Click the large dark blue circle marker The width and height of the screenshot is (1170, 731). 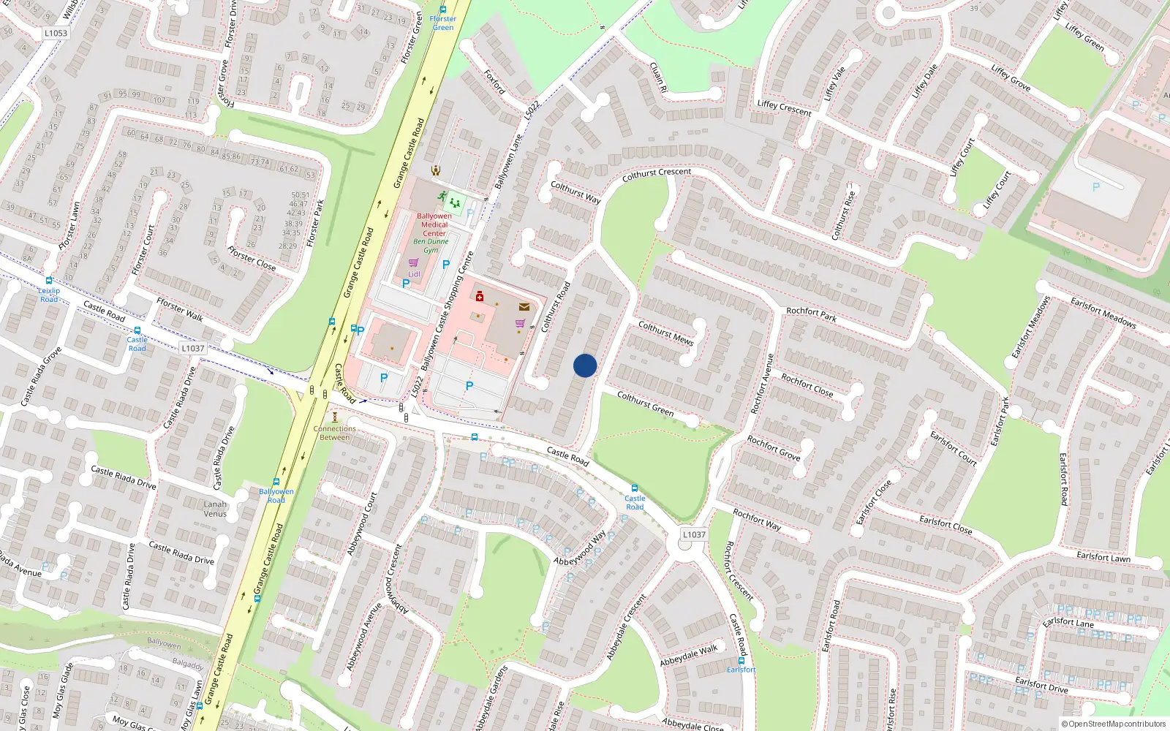585,365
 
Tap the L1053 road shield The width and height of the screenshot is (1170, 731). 56,33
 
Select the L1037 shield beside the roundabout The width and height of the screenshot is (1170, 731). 694,534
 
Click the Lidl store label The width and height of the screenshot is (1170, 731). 414,274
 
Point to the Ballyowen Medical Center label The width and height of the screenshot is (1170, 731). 434,224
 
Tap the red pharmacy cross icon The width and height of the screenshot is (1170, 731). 480,296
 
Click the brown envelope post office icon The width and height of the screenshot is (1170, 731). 524,307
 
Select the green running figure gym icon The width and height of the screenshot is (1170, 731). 442,196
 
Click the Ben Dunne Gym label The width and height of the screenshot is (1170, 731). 431,246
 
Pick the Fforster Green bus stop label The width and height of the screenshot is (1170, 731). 442,23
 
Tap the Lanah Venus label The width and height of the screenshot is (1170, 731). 215,509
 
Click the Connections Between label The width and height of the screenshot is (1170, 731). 335,433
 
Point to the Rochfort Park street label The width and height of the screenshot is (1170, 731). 811,314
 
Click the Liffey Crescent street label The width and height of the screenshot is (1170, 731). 784,108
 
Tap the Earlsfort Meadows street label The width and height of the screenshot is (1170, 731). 1103,312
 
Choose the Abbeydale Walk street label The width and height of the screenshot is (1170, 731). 688,656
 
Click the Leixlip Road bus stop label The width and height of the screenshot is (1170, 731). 49,295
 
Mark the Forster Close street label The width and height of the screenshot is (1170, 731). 252,258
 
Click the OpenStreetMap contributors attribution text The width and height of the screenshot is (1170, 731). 1113,724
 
